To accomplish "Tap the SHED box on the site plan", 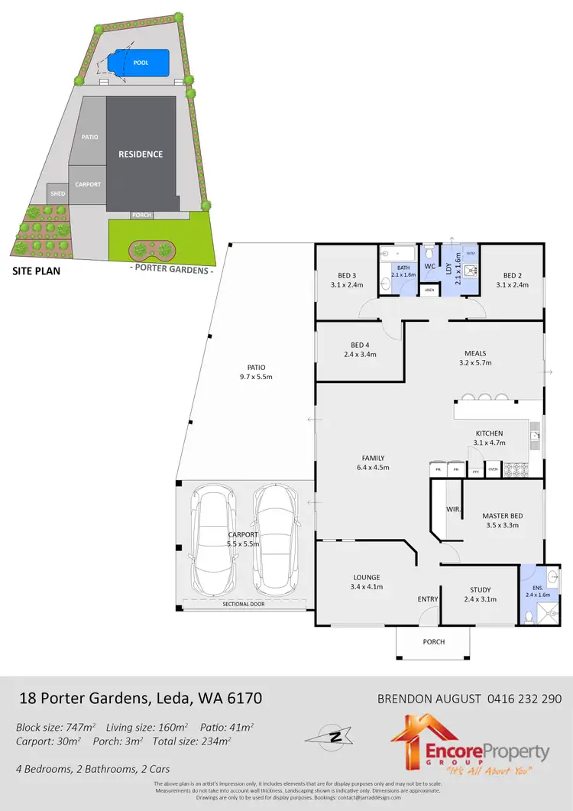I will click(x=57, y=193).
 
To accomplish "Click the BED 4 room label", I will click(x=359, y=349).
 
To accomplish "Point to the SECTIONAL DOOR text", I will click(x=244, y=605).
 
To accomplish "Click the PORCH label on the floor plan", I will click(x=433, y=642).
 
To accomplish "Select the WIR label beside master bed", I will click(x=452, y=508).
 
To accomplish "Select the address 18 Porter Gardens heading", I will click(x=140, y=699).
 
